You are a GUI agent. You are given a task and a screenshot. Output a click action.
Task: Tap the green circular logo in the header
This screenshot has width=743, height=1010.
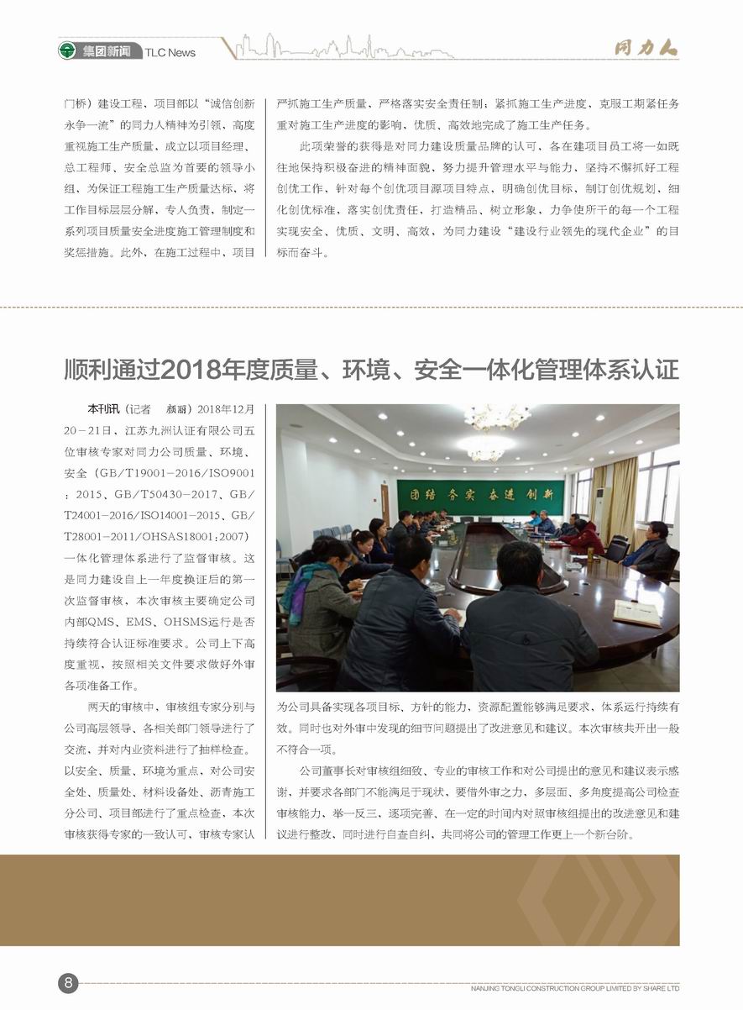coord(68,50)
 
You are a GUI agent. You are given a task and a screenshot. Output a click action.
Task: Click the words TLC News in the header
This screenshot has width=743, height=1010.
coord(170,52)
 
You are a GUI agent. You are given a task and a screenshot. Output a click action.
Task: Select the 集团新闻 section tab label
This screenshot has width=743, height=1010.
coord(107,51)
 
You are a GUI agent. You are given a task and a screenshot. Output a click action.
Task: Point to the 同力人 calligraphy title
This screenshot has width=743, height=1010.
coord(645,49)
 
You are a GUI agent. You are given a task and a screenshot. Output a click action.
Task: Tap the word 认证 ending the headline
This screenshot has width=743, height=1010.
coord(657,369)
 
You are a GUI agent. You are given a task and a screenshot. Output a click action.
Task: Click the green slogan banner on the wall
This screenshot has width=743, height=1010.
coord(480,497)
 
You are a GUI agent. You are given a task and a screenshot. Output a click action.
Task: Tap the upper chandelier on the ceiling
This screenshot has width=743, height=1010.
coord(497,416)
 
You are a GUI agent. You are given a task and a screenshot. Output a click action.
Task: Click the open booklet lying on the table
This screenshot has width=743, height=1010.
coord(636,613)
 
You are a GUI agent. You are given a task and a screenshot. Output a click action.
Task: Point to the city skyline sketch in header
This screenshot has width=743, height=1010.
coord(344,48)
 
